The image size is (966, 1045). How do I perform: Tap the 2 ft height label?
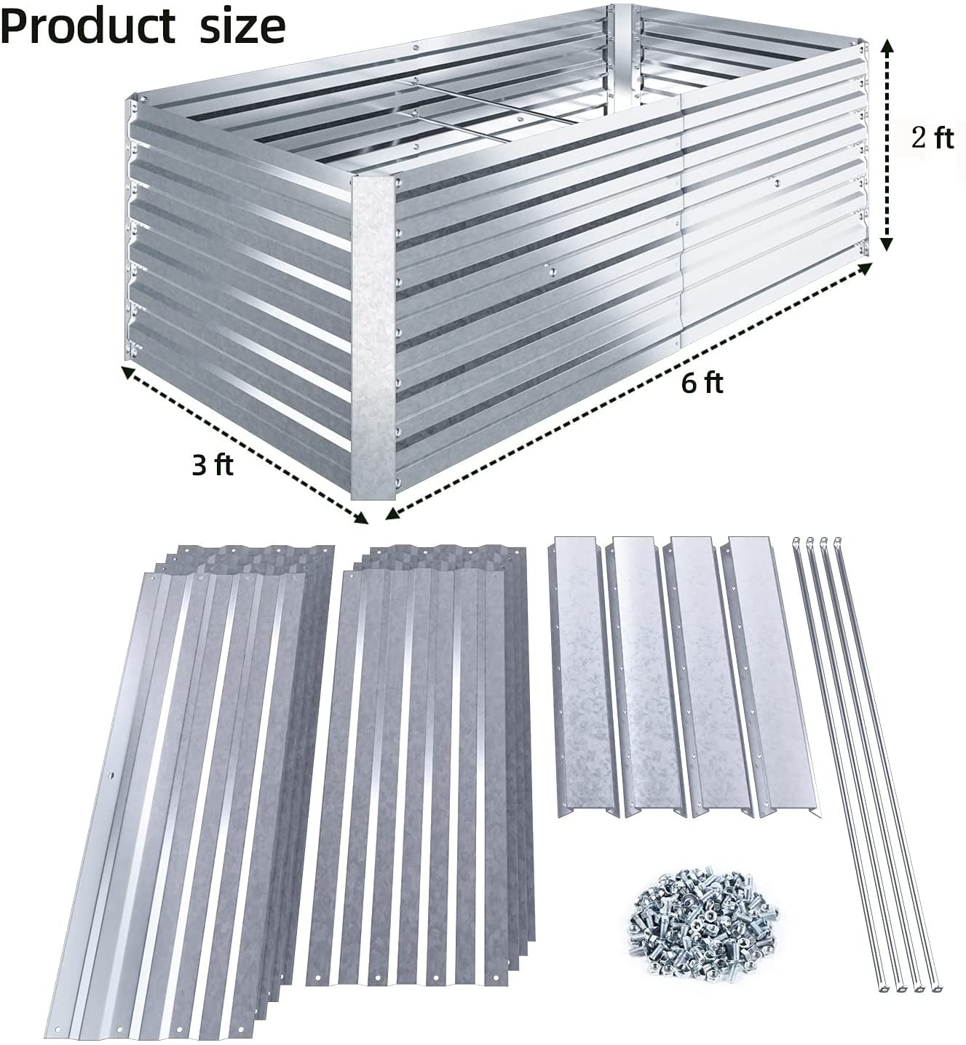tap(933, 138)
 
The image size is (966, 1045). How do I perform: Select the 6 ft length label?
tap(702, 382)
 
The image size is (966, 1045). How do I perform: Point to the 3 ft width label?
tap(213, 464)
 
